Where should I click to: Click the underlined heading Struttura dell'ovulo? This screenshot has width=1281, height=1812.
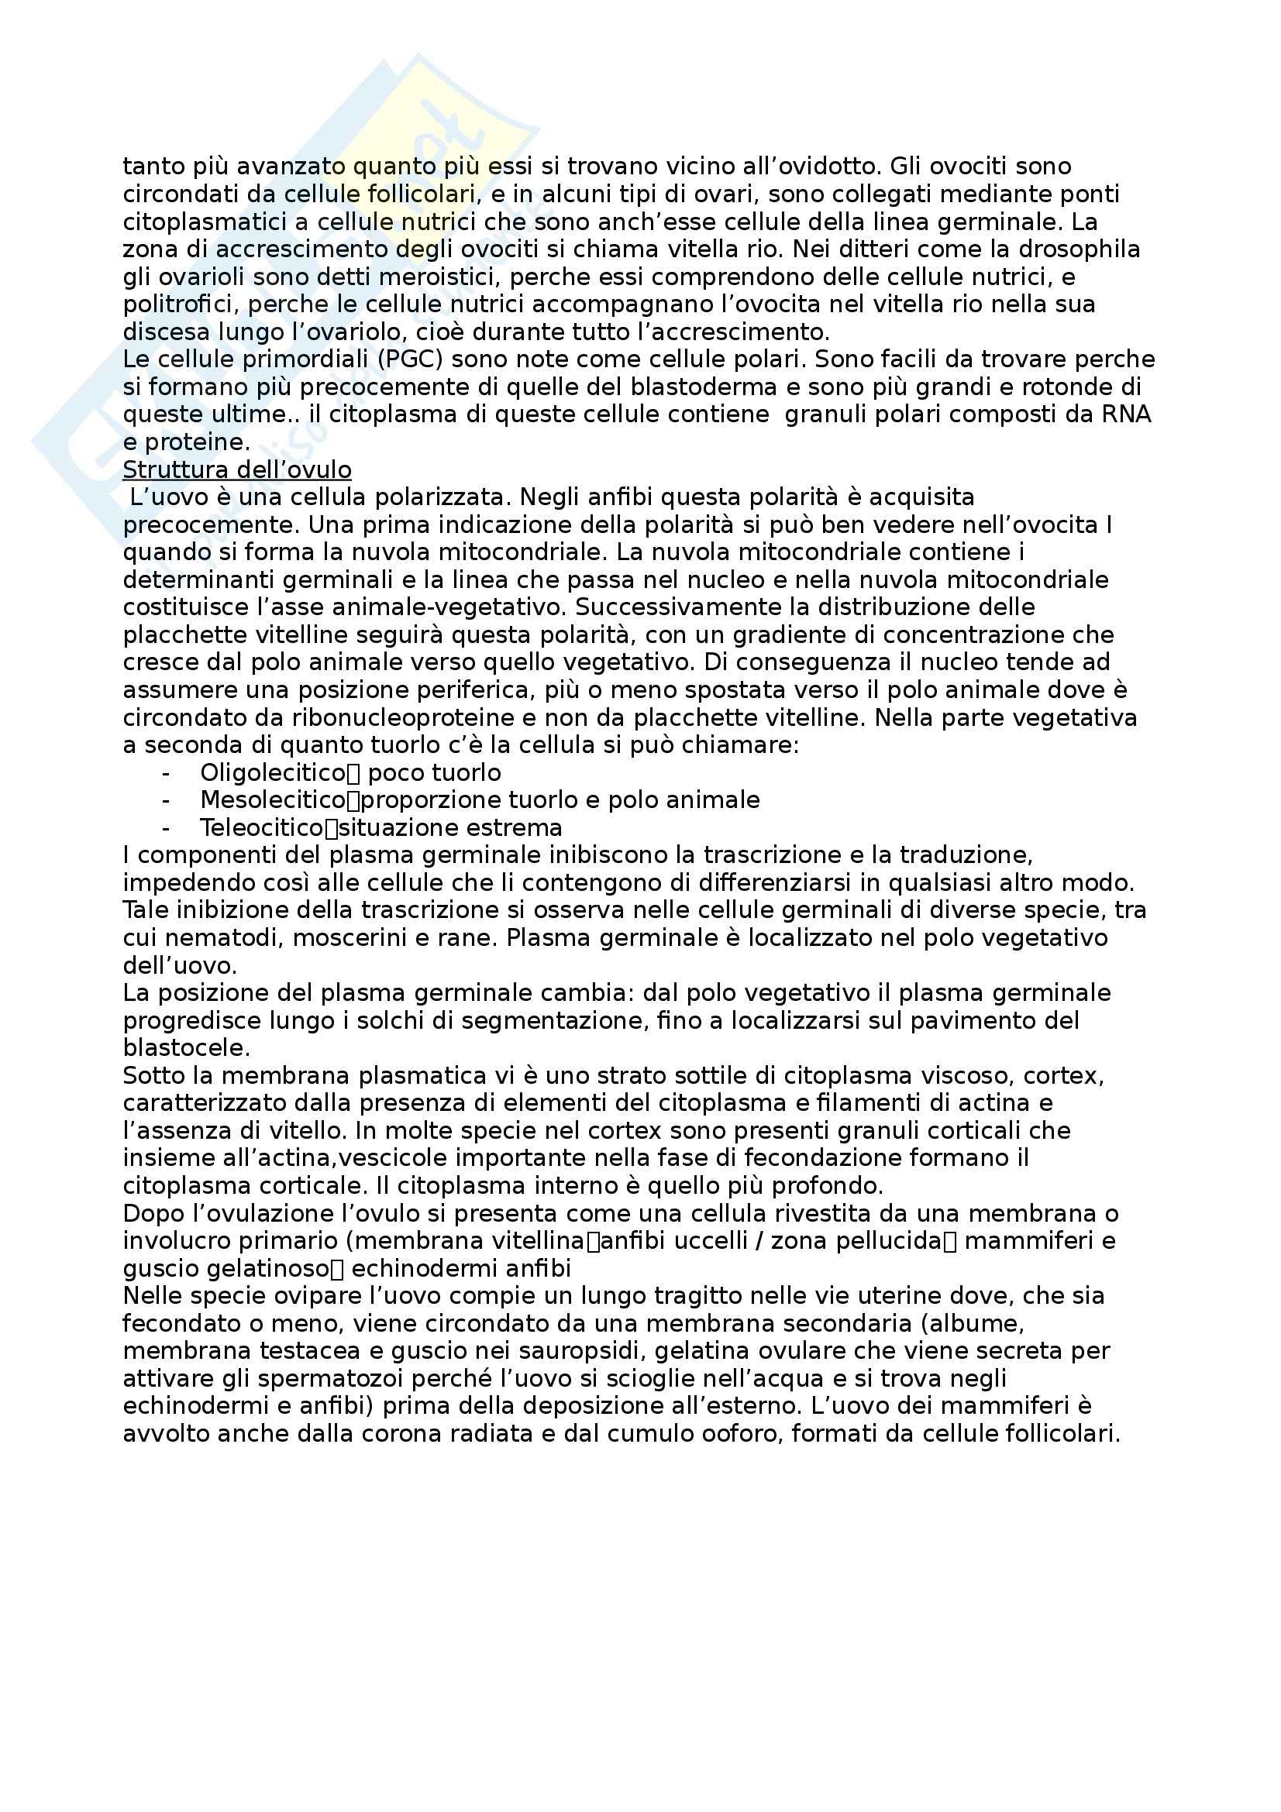coord(237,470)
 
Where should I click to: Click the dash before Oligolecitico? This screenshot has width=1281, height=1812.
coord(166,772)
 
